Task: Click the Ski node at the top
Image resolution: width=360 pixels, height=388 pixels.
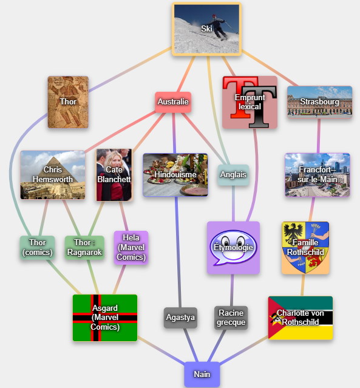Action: [206, 29]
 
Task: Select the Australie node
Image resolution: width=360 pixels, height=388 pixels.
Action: [173, 102]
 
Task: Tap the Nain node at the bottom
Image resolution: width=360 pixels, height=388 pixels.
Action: [202, 374]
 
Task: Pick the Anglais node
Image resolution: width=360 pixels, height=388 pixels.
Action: [233, 175]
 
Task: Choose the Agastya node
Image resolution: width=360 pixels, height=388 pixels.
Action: [180, 318]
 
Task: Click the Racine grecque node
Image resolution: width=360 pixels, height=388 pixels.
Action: [231, 318]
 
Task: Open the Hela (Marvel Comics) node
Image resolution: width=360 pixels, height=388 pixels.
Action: [131, 248]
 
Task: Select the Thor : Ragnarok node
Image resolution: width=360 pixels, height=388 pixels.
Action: [84, 248]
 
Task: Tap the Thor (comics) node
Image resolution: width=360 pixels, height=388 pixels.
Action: [38, 248]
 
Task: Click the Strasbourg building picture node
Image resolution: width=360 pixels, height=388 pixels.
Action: [319, 102]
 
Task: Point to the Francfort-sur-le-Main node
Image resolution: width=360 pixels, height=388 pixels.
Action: [317, 175]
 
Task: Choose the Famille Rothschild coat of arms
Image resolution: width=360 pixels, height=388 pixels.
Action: [305, 248]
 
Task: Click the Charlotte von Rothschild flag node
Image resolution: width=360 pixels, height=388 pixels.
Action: [301, 318]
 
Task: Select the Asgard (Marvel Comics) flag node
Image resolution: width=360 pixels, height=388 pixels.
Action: [105, 318]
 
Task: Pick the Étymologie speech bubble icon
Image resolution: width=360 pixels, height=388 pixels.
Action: [233, 248]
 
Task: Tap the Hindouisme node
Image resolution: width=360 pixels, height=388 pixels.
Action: [175, 175]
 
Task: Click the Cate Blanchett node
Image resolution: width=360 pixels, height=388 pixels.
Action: [114, 175]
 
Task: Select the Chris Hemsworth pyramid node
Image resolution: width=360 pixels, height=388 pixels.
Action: [53, 175]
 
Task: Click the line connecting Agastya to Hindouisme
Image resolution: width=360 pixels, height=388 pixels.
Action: [178, 252]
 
